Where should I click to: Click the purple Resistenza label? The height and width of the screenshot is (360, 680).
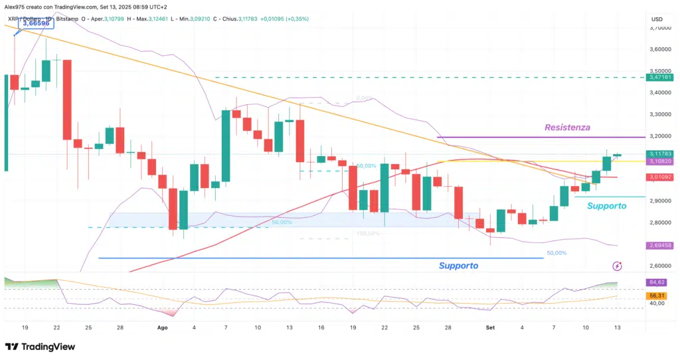pyautogui.click(x=567, y=127)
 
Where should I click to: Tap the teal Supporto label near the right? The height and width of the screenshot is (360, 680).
pyautogui.click(x=606, y=206)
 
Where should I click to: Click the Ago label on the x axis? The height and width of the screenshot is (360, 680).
pyautogui.click(x=163, y=327)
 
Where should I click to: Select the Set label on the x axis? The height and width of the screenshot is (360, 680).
pyautogui.click(x=490, y=327)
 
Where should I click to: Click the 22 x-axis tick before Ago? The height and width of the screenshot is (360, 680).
pyautogui.click(x=58, y=327)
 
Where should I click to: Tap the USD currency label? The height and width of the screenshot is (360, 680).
pyautogui.click(x=657, y=19)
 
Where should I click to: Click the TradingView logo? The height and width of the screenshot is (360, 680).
pyautogui.click(x=40, y=347)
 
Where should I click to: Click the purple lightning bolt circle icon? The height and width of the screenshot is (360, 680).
pyautogui.click(x=617, y=266)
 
